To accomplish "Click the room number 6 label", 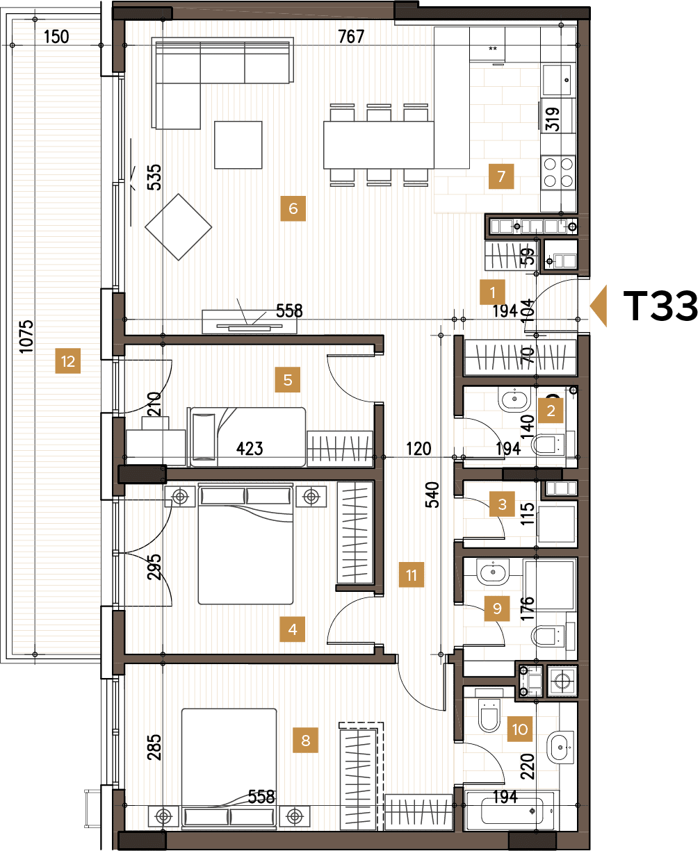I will (x=293, y=208).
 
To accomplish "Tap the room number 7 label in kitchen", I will (x=500, y=176).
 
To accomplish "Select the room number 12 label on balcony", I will (x=67, y=361).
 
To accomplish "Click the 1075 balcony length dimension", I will (x=26, y=336).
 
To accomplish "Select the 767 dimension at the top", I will (x=351, y=37).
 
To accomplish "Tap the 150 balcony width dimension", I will (x=56, y=37).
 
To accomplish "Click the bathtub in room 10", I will (x=511, y=809).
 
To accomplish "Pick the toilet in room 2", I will (x=553, y=443).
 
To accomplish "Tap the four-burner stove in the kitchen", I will (x=559, y=172).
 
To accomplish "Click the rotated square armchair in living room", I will (x=178, y=227).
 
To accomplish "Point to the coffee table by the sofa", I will (x=238, y=144).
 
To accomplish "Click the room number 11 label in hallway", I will (x=412, y=575).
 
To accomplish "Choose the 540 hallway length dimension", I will (x=432, y=495).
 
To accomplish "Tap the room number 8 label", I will (x=306, y=740).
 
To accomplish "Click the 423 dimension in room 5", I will (x=250, y=449).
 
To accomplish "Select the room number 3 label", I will (x=503, y=505).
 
